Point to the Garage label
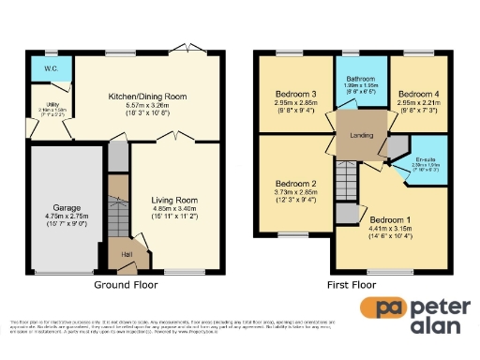pos(48,212)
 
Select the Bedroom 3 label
pos(295,95)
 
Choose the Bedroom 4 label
pos(418,95)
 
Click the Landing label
pos(359,135)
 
